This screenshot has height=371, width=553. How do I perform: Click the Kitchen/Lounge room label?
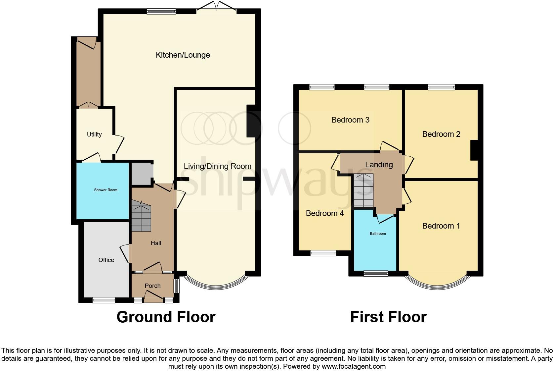tap(183, 55)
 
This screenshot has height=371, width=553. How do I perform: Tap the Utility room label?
tap(94, 134)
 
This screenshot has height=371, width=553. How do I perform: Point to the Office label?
tap(106, 260)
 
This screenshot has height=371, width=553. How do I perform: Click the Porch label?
tap(152, 286)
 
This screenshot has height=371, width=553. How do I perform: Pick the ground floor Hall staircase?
tap(141, 217)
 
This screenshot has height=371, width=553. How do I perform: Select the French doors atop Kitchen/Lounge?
tap(217, 7)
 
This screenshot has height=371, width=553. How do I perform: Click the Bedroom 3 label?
tap(350, 120)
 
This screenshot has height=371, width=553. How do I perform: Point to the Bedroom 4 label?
tap(325, 213)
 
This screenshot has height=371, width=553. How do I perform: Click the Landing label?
tap(379, 165)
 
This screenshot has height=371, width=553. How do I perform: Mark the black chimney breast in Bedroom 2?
tap(474, 150)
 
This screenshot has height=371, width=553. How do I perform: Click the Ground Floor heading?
tap(166, 317)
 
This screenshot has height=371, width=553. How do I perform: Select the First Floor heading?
tap(388, 317)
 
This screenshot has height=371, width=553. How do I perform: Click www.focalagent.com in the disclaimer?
tap(354, 366)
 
